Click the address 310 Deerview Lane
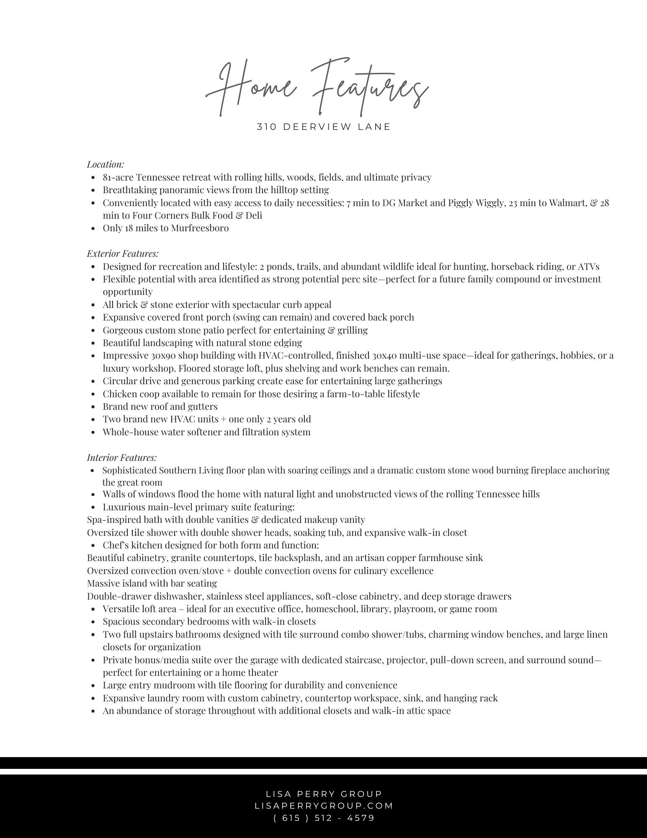pyautogui.click(x=323, y=127)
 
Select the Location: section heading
pyautogui.click(x=106, y=164)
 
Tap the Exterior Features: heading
pyautogui.click(x=123, y=253)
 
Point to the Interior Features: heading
pyautogui.click(x=121, y=458)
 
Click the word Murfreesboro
pyautogui.click(x=200, y=228)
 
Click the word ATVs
pyautogui.click(x=589, y=266)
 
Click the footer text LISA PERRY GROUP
pyautogui.click(x=324, y=794)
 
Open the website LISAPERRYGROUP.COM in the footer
pyautogui.click(x=324, y=806)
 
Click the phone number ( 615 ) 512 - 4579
pyautogui.click(x=324, y=817)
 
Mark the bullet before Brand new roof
pyautogui.click(x=93, y=407)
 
